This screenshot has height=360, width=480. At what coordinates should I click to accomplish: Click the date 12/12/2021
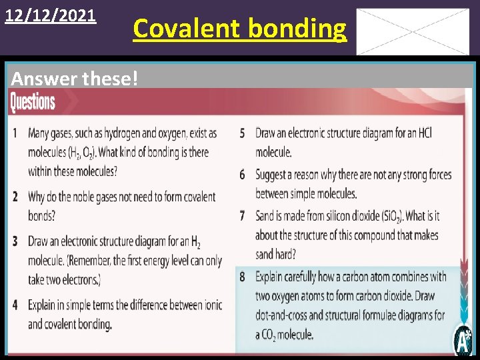click(51, 14)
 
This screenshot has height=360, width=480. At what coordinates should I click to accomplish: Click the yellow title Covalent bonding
click(240, 28)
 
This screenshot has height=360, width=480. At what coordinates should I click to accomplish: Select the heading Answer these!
click(75, 79)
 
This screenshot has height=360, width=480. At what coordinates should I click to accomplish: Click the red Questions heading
click(33, 102)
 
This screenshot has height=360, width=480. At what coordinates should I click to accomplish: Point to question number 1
click(15, 133)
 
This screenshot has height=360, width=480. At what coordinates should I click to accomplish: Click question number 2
click(15, 197)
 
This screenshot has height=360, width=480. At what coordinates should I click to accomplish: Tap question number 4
click(15, 305)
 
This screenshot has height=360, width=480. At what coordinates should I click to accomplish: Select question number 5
click(243, 133)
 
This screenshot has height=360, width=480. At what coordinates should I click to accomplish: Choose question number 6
click(243, 175)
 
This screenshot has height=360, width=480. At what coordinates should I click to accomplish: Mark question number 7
click(243, 216)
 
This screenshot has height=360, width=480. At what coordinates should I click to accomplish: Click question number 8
click(243, 276)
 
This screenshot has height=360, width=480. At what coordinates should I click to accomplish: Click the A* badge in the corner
click(463, 341)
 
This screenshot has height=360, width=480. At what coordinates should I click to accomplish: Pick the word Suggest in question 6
click(275, 175)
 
